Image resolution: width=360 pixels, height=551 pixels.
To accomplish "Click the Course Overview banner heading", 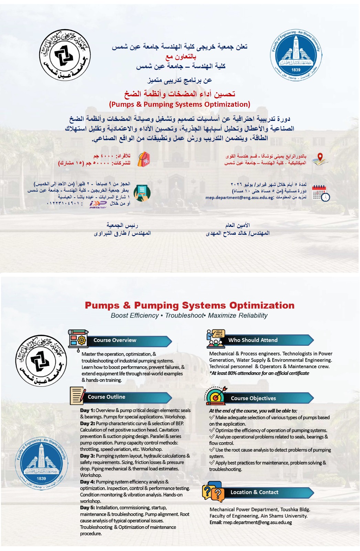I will tap(115, 340).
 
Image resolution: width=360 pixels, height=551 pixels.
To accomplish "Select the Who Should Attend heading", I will tap(253, 340).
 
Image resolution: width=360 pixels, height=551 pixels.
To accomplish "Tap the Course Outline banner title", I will tap(106, 397).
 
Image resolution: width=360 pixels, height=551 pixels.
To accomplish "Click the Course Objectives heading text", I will tap(253, 398).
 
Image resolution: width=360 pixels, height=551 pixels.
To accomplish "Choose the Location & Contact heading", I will tap(254, 492).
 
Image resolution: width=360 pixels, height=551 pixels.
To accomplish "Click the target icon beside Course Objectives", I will tap(216, 396).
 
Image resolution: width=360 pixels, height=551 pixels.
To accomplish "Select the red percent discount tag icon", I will tap(144, 159).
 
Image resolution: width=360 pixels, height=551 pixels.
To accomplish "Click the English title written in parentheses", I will tap(179, 104).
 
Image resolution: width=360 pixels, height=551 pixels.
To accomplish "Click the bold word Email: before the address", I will tap(216, 522).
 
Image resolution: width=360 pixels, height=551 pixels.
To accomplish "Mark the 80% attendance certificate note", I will tap(259, 373).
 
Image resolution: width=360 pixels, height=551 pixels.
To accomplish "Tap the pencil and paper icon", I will tap(78, 396).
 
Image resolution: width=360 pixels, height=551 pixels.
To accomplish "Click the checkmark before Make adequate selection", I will tap(212, 417).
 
